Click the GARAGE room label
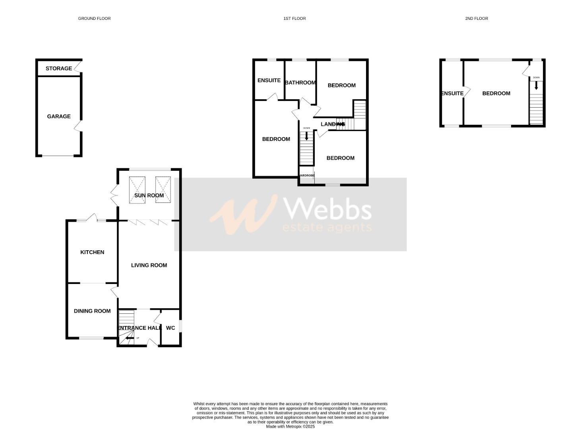coord(59,116)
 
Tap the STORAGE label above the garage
coord(59,68)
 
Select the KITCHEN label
coord(92,252)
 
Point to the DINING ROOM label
coord(92,311)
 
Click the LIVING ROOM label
coord(149,265)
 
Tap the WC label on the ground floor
coord(170,328)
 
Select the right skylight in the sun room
coord(163,190)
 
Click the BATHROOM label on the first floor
coord(300,83)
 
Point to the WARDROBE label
coord(306,176)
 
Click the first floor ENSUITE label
coord(269,80)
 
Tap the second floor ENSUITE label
coord(452,93)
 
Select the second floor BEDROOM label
coord(496,93)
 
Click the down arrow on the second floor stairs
coord(536,85)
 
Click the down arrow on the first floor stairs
coord(306,136)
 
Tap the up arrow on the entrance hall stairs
coord(128,338)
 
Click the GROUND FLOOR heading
coord(94,18)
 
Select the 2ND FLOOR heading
coord(476,18)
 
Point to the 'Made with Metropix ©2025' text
coord(290,427)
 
